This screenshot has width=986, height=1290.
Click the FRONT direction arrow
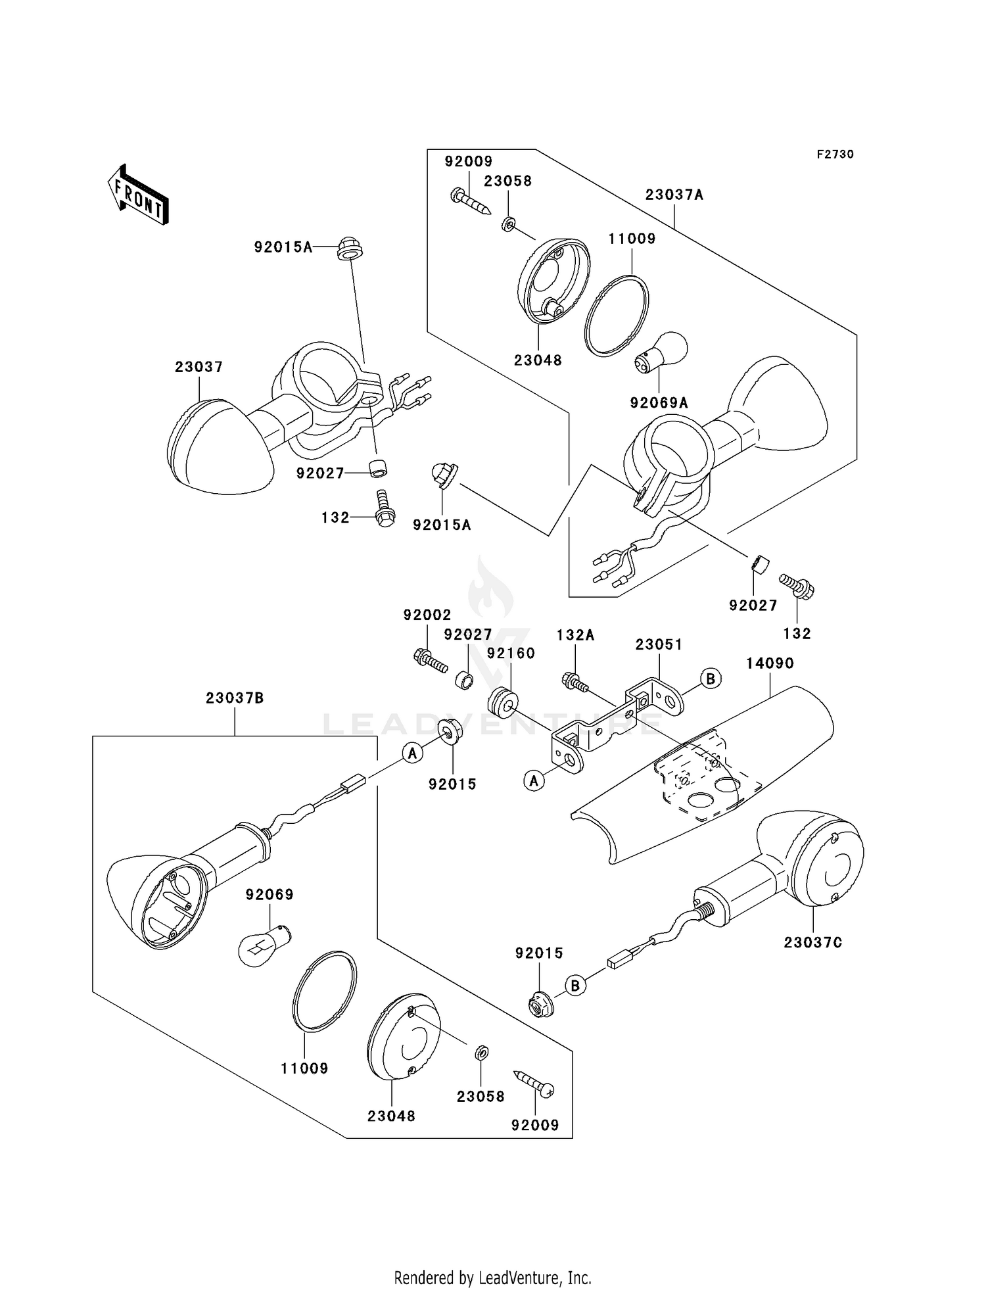point(139,195)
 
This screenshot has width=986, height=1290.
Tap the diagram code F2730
point(835,155)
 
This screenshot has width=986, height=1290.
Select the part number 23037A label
point(674,195)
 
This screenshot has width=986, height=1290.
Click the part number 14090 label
point(770,663)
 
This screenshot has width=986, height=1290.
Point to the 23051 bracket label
point(659,645)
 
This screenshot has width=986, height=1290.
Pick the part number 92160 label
point(511,654)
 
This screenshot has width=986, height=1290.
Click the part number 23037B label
point(235,698)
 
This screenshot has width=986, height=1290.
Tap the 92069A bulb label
point(659,403)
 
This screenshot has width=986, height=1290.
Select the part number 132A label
point(575,635)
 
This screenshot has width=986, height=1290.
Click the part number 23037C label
point(812,942)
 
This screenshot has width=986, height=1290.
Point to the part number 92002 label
point(427,615)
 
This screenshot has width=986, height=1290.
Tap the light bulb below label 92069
point(260,944)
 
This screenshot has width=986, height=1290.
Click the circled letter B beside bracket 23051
point(711,678)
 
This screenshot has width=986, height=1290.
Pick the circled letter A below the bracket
point(534,780)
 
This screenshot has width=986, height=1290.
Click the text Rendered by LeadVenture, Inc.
point(492,1278)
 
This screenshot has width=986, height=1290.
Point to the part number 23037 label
point(199,367)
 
